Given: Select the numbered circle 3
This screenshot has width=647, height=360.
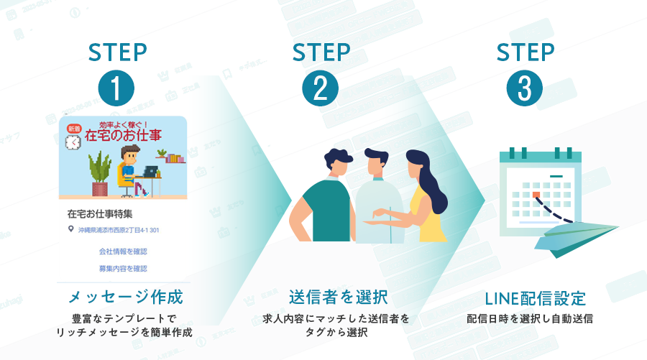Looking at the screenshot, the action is pyautogui.click(x=525, y=88).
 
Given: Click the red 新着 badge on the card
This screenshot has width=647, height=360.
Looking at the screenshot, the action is pyautogui.click(x=74, y=128).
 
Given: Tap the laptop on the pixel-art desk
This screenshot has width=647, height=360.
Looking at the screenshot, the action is pyautogui.click(x=150, y=172).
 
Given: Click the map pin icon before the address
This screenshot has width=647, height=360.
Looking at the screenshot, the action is pyautogui.click(x=70, y=230).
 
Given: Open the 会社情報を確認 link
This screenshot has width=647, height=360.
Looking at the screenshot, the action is pyautogui.click(x=123, y=251).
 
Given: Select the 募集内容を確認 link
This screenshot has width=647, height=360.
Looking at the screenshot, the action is pyautogui.click(x=123, y=268).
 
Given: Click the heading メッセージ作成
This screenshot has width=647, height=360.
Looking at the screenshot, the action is pyautogui.click(x=126, y=297).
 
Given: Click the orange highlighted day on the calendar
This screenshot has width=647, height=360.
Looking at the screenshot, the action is pyautogui.click(x=536, y=194).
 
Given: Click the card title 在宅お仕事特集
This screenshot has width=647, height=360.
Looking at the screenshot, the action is pyautogui.click(x=100, y=213).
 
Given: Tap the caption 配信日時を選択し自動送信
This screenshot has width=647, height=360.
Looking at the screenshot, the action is pyautogui.click(x=535, y=318).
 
